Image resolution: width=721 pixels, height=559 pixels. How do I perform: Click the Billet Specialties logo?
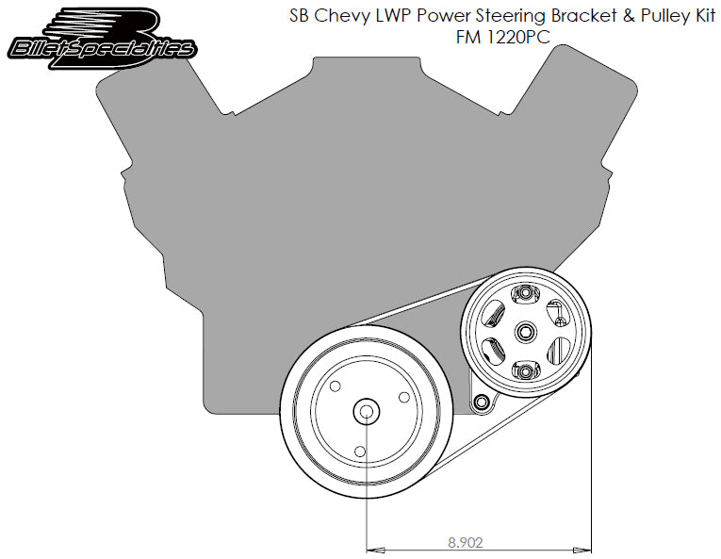click(x=103, y=38)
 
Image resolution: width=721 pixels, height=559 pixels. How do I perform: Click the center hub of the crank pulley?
click(x=365, y=411)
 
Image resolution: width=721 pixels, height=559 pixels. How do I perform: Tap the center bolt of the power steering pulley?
click(x=525, y=331)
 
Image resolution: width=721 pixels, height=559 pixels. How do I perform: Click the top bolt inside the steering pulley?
click(x=525, y=295)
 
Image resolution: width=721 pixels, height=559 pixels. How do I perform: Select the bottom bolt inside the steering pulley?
click(x=525, y=370)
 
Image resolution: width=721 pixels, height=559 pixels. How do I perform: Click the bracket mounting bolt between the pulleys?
click(x=483, y=403)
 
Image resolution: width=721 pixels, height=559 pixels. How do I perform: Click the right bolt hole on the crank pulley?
click(x=402, y=397)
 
